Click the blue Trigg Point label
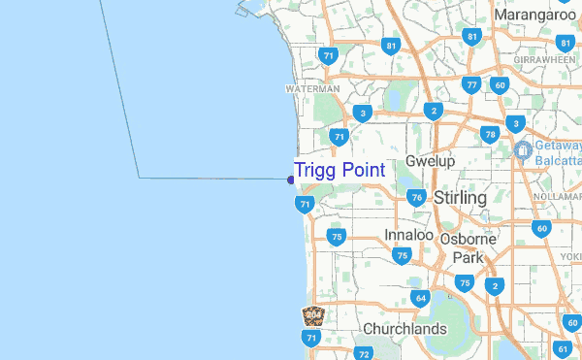click(x=339, y=170)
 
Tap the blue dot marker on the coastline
click(x=291, y=179)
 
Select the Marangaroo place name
click(x=535, y=16)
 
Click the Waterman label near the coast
click(x=312, y=88)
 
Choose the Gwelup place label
click(x=431, y=161)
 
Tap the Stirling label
click(x=460, y=197)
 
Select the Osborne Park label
click(x=468, y=248)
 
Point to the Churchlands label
click(x=404, y=329)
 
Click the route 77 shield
click(x=471, y=85)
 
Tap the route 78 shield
click(x=491, y=134)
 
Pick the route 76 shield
click(x=417, y=198)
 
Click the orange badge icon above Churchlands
click(x=312, y=315)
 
